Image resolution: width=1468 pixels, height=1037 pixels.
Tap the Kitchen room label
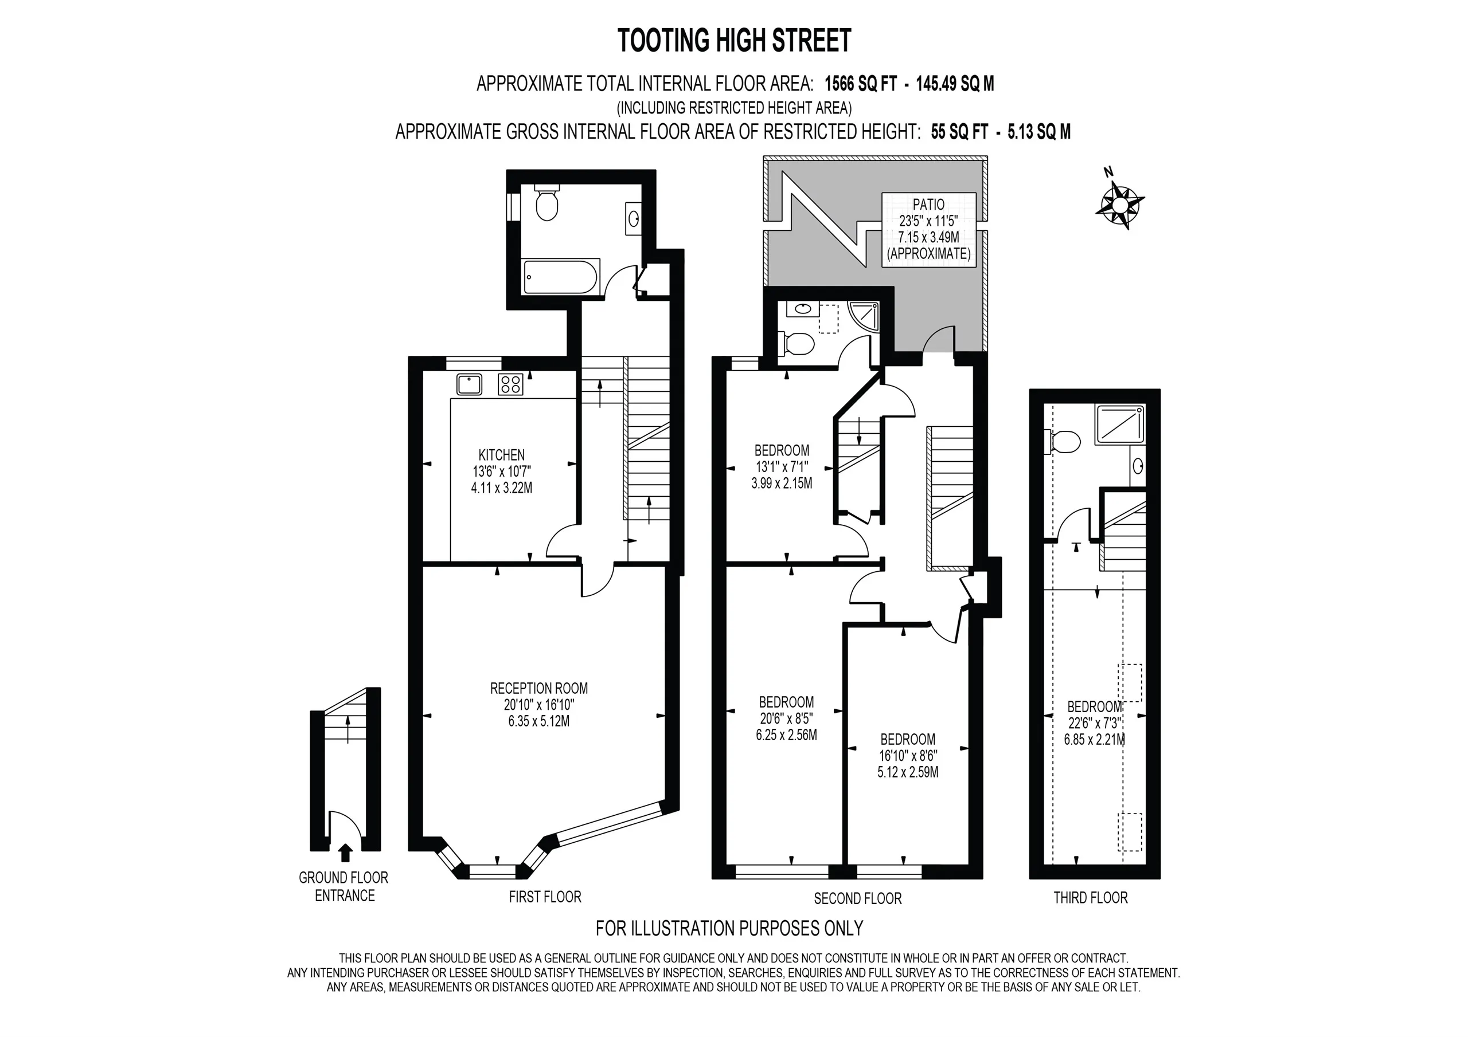coord(502,472)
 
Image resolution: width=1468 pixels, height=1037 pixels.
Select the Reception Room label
coord(539,705)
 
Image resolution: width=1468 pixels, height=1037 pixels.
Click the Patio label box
coord(929,229)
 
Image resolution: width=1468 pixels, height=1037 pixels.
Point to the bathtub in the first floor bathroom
coord(561,277)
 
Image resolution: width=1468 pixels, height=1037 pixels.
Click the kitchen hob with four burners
coord(511,384)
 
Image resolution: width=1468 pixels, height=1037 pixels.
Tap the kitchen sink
coord(469,384)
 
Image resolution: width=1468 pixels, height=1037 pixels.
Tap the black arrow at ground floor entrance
coord(345,853)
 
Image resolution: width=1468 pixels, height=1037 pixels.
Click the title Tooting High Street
coord(734,40)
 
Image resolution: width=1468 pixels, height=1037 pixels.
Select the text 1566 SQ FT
coord(861,84)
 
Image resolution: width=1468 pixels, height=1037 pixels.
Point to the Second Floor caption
coord(857,898)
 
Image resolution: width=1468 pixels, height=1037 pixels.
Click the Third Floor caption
coord(1091,898)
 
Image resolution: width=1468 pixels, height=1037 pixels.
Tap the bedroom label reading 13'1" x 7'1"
coord(782,467)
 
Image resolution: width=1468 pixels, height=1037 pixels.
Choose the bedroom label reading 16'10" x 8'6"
coord(908,756)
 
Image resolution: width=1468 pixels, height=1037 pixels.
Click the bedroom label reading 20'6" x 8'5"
coord(786,719)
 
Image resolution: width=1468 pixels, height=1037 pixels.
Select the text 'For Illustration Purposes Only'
coord(729,928)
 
